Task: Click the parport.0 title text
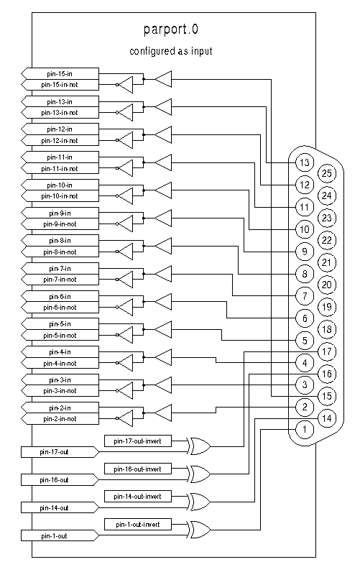pyautogui.click(x=171, y=29)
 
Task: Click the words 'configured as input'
pyautogui.click(x=171, y=51)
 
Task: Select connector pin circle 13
pyautogui.click(x=305, y=162)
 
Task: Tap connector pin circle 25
pyautogui.click(x=327, y=173)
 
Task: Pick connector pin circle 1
pyautogui.click(x=305, y=430)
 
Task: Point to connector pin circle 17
pyautogui.click(x=327, y=351)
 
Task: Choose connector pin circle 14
pyautogui.click(x=327, y=418)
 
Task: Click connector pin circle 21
pyautogui.click(x=327, y=262)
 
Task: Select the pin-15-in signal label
pyautogui.click(x=60, y=73)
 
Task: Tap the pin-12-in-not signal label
pyautogui.click(x=60, y=141)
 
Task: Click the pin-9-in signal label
pyautogui.click(x=60, y=213)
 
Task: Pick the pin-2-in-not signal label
pyautogui.click(x=60, y=419)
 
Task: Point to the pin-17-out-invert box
pyautogui.click(x=138, y=441)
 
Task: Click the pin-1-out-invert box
pyautogui.click(x=138, y=525)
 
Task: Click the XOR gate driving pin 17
pyautogui.click(x=199, y=446)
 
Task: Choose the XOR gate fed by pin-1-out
pyautogui.click(x=199, y=530)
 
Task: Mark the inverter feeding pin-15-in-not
pyautogui.click(x=125, y=85)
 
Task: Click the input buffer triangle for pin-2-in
pyautogui.click(x=163, y=413)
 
